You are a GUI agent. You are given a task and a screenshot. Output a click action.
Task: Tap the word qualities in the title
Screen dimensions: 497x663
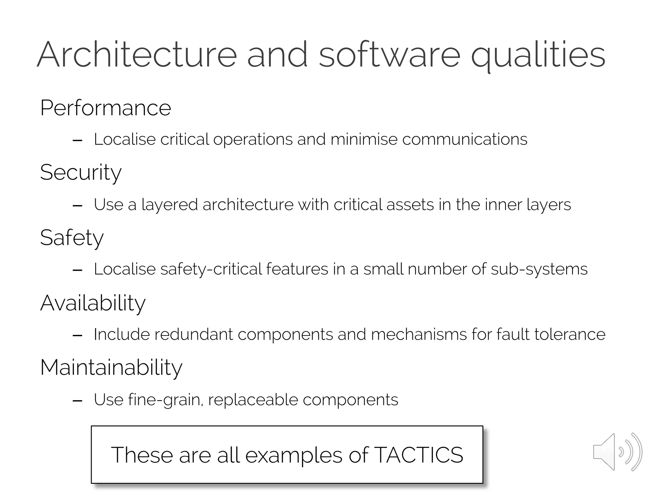pyautogui.click(x=538, y=55)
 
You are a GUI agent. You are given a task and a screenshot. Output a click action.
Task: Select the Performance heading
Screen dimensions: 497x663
pyautogui.click(x=106, y=108)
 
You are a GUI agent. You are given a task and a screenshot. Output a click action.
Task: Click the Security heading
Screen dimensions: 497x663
pyautogui.click(x=81, y=172)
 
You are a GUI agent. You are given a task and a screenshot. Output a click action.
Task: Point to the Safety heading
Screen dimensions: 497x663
pyautogui.click(x=72, y=238)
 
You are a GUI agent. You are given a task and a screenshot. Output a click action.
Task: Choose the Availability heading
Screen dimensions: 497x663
pyautogui.click(x=93, y=303)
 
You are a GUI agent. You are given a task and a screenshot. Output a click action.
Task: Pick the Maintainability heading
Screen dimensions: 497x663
pyautogui.click(x=111, y=368)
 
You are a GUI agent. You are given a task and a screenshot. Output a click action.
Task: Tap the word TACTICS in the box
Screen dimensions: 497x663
pyautogui.click(x=419, y=455)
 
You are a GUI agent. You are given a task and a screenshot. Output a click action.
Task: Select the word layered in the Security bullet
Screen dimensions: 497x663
pyautogui.click(x=170, y=205)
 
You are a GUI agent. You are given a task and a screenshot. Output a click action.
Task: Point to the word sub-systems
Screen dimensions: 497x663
pyautogui.click(x=539, y=269)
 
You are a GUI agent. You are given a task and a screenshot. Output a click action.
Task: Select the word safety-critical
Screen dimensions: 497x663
pyautogui.click(x=211, y=269)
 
